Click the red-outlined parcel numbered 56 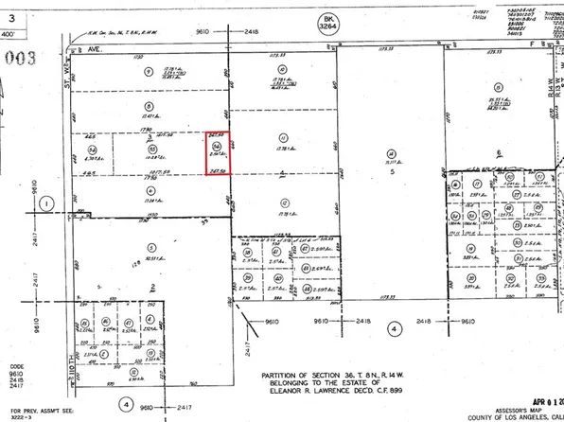pyautogui.click(x=220, y=151)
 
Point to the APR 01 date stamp pyautogui.click(x=534, y=386)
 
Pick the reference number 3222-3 pyautogui.click(x=18, y=413)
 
